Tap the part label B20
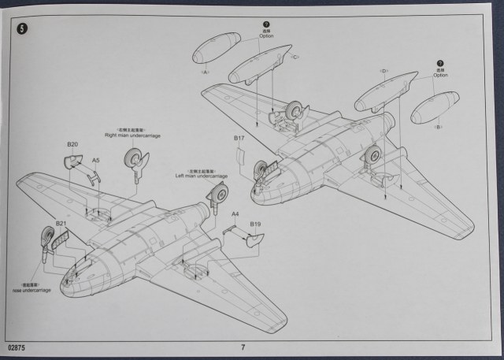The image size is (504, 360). pos(72,144)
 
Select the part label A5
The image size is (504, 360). pos(95,161)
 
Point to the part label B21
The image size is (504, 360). pos(61,224)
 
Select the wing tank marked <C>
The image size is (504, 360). pos(260,66)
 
